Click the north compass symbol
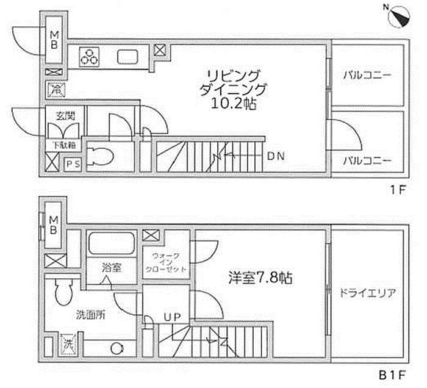tap(400, 17)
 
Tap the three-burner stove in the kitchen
tap(90, 57)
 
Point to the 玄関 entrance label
tap(65, 117)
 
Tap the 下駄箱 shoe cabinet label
tap(63, 145)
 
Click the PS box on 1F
tap(73, 164)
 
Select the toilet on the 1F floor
tap(99, 157)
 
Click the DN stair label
tap(276, 156)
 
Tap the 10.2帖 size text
tap(234, 104)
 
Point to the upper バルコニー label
tap(367, 75)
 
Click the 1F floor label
tap(398, 190)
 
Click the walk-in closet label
tap(166, 263)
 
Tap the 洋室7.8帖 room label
tap(260, 278)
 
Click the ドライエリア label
tap(367, 293)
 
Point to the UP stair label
tap(172, 317)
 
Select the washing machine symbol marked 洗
tap(68, 345)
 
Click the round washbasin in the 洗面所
tap(118, 348)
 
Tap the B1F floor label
tap(392, 375)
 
